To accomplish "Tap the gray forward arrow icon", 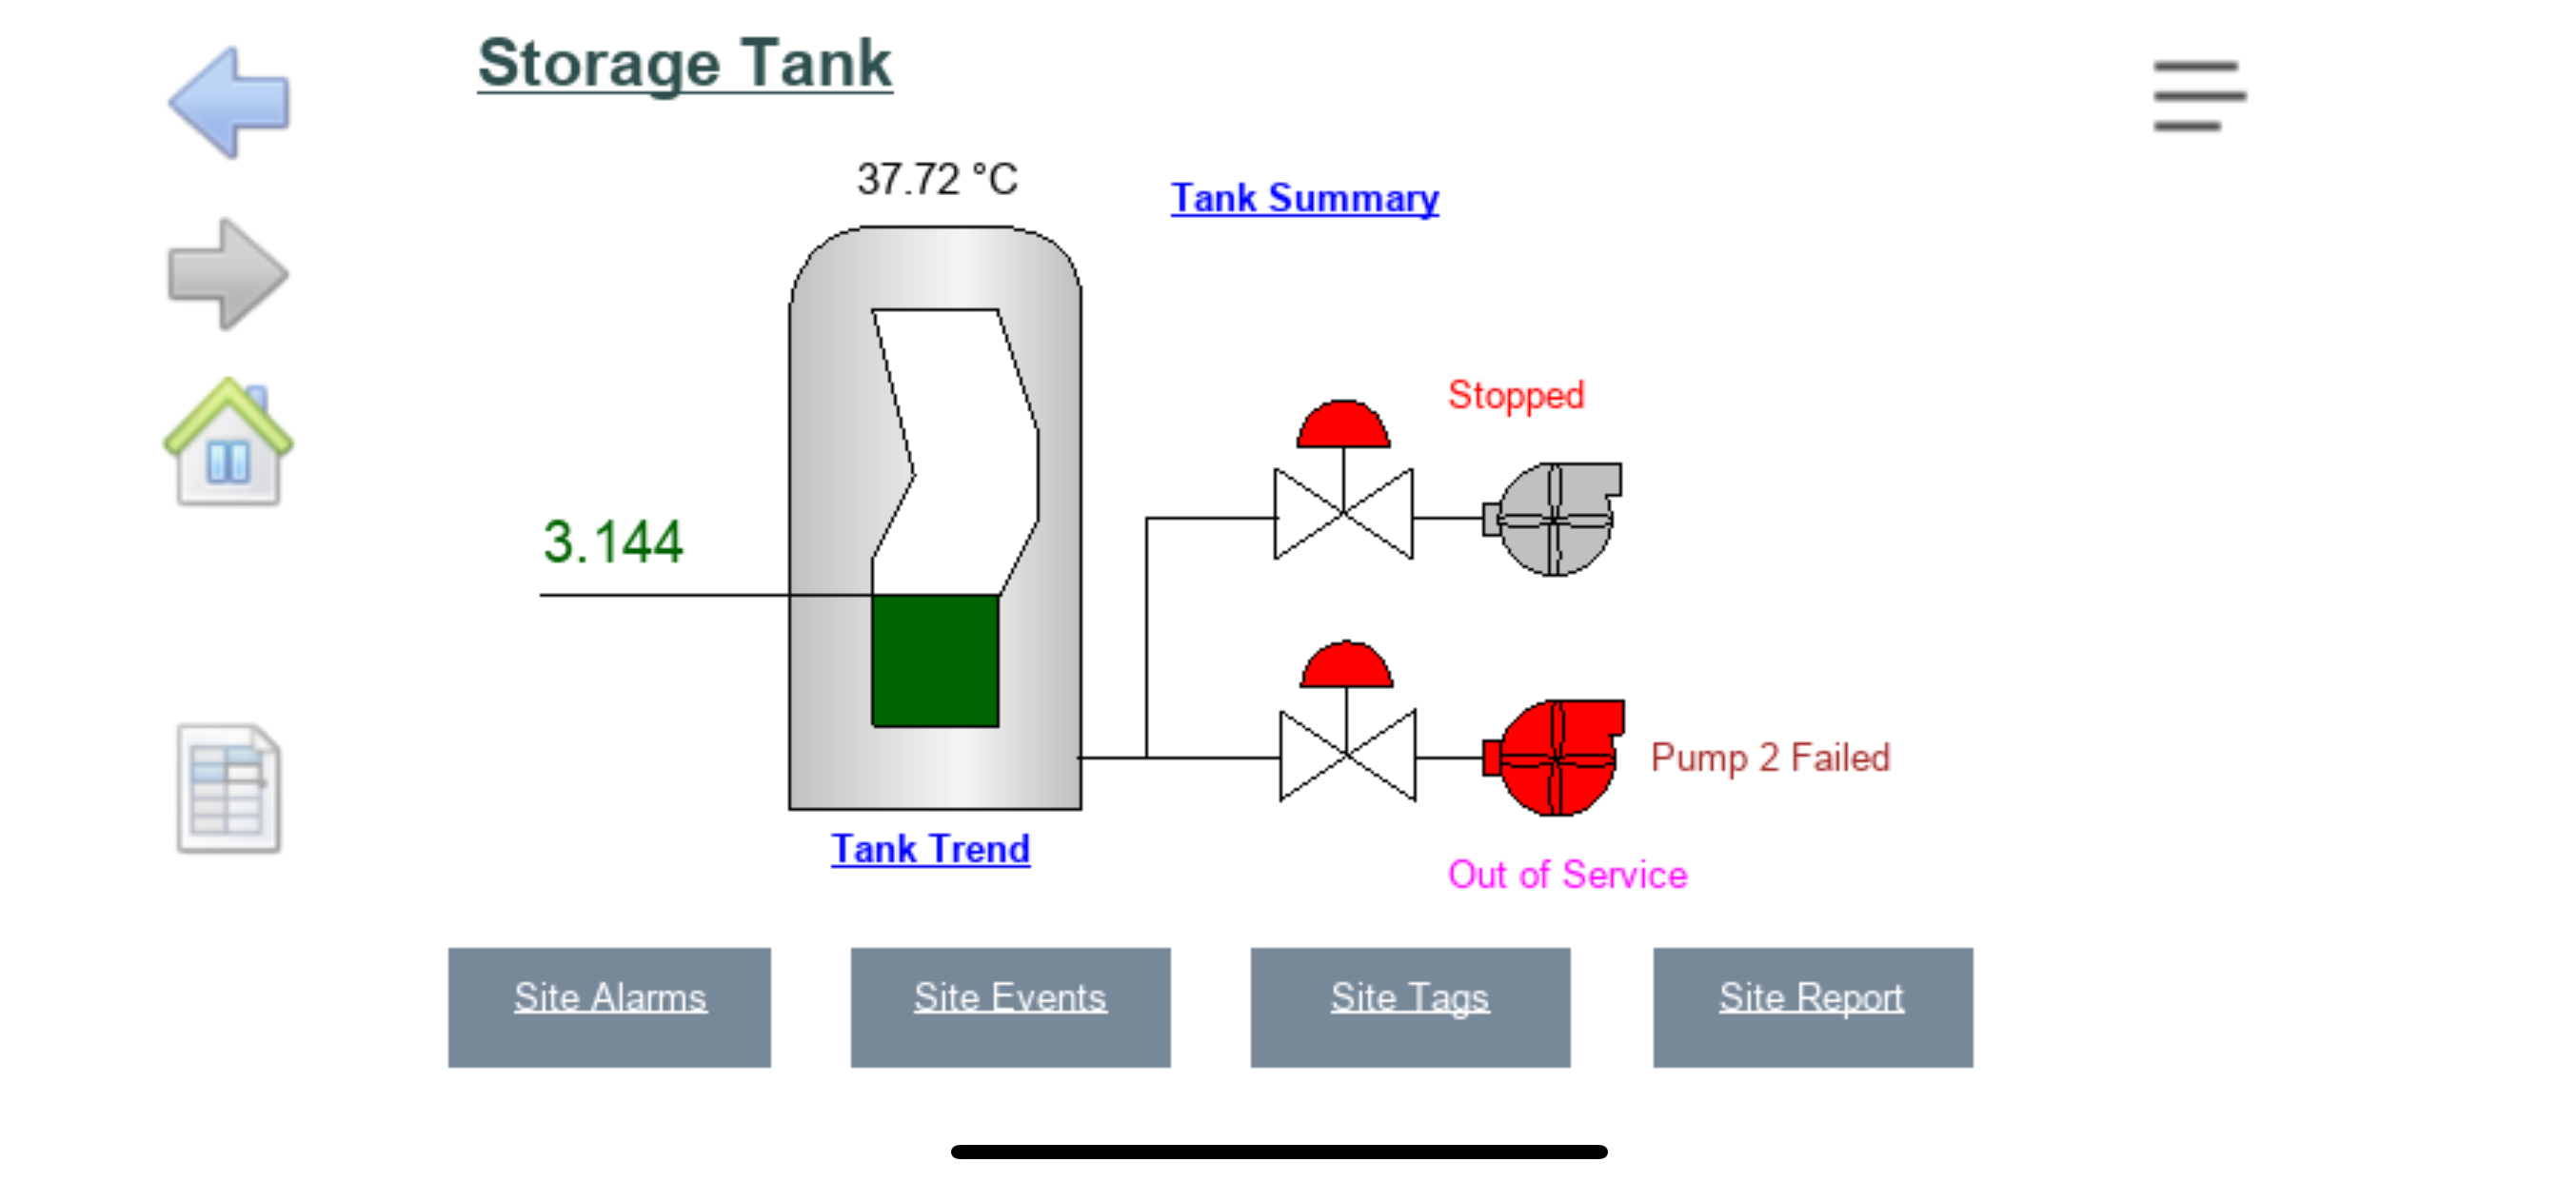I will point(228,274).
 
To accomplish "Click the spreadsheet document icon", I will point(228,789).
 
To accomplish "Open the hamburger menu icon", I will point(2198,95).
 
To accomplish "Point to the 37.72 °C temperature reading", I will point(937,180).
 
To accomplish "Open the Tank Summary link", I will point(1304,198).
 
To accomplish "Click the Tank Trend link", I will point(930,849).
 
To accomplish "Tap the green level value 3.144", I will point(613,542).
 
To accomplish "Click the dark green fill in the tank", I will point(935,660).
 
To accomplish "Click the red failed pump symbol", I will point(1556,757).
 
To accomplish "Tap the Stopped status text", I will point(1515,395).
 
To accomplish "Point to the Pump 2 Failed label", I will point(1769,758).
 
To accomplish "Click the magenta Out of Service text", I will point(1567,875).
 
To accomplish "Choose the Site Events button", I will point(1009,1006).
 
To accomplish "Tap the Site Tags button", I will point(1410,1006).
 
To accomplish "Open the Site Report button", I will point(1812,1006).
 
